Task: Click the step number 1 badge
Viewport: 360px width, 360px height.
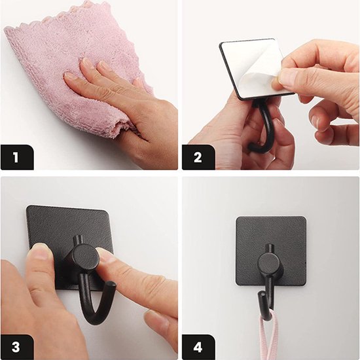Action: click(17, 157)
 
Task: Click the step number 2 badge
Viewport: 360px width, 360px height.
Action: click(198, 157)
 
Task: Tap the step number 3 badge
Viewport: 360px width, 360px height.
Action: click(17, 347)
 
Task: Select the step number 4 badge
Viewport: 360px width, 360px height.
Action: click(198, 347)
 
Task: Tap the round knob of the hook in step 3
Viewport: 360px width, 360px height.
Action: click(85, 257)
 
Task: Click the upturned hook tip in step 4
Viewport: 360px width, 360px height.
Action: click(262, 295)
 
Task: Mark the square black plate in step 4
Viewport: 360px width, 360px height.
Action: click(271, 251)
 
